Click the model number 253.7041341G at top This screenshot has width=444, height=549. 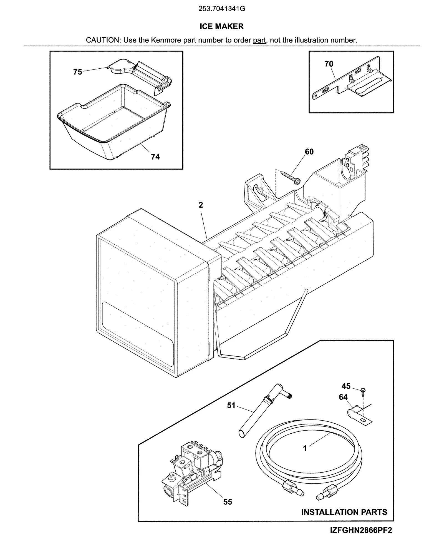pos(221,9)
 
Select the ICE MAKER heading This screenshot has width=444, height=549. pos(221,26)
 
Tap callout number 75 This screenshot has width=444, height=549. pos(78,72)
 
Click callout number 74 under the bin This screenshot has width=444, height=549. pos(155,157)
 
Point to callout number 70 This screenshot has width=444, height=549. pos(329,64)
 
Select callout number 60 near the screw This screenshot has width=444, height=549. pos(309,151)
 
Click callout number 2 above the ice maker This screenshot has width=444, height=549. pos(201,205)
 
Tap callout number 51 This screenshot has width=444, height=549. pos(231,406)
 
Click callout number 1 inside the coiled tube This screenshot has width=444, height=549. pos(305,449)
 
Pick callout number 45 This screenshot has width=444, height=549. pos(346,386)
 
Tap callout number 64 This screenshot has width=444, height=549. pos(343,397)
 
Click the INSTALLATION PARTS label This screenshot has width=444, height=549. pos(344,512)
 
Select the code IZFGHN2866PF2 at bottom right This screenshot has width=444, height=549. pos(361,530)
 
